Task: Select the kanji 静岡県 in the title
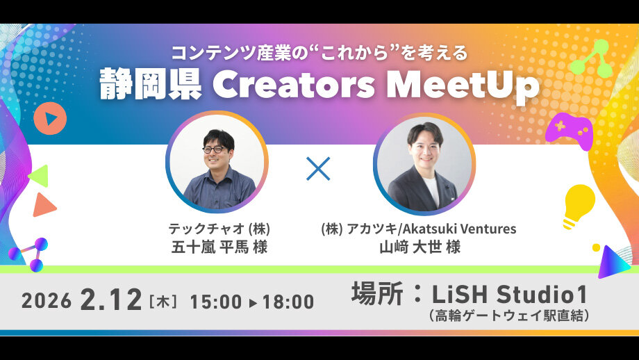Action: (151, 85)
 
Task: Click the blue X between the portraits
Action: (318, 169)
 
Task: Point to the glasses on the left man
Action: (213, 149)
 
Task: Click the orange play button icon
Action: (50, 119)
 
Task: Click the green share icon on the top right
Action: (590, 60)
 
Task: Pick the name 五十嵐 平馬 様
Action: (219, 247)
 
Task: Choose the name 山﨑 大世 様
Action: (420, 247)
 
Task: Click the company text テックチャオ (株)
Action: (219, 229)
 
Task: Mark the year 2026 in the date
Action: (46, 301)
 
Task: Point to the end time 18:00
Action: (288, 302)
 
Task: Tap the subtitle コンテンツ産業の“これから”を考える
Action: (319, 52)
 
